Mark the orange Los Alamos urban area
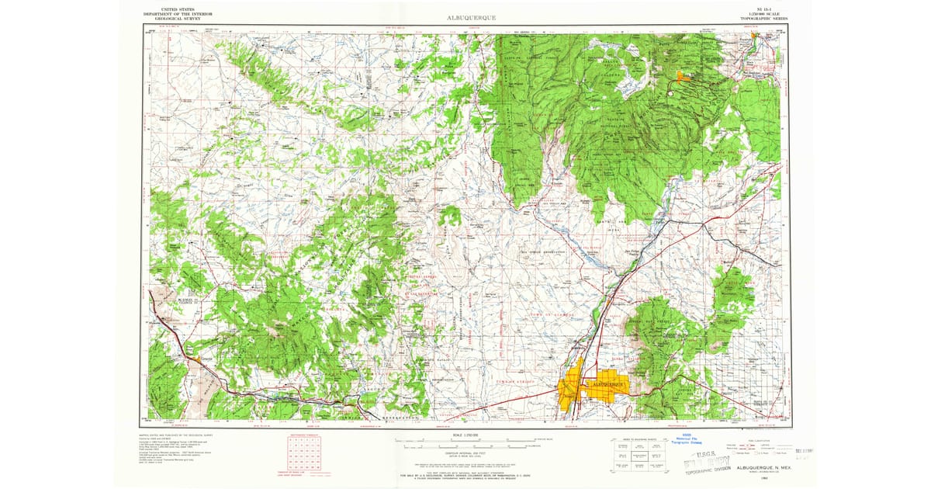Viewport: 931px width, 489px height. pyautogui.click(x=682, y=76)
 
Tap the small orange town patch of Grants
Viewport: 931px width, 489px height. pyautogui.click(x=205, y=359)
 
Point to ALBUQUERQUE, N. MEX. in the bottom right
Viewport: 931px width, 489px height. pyautogui.click(x=765, y=458)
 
